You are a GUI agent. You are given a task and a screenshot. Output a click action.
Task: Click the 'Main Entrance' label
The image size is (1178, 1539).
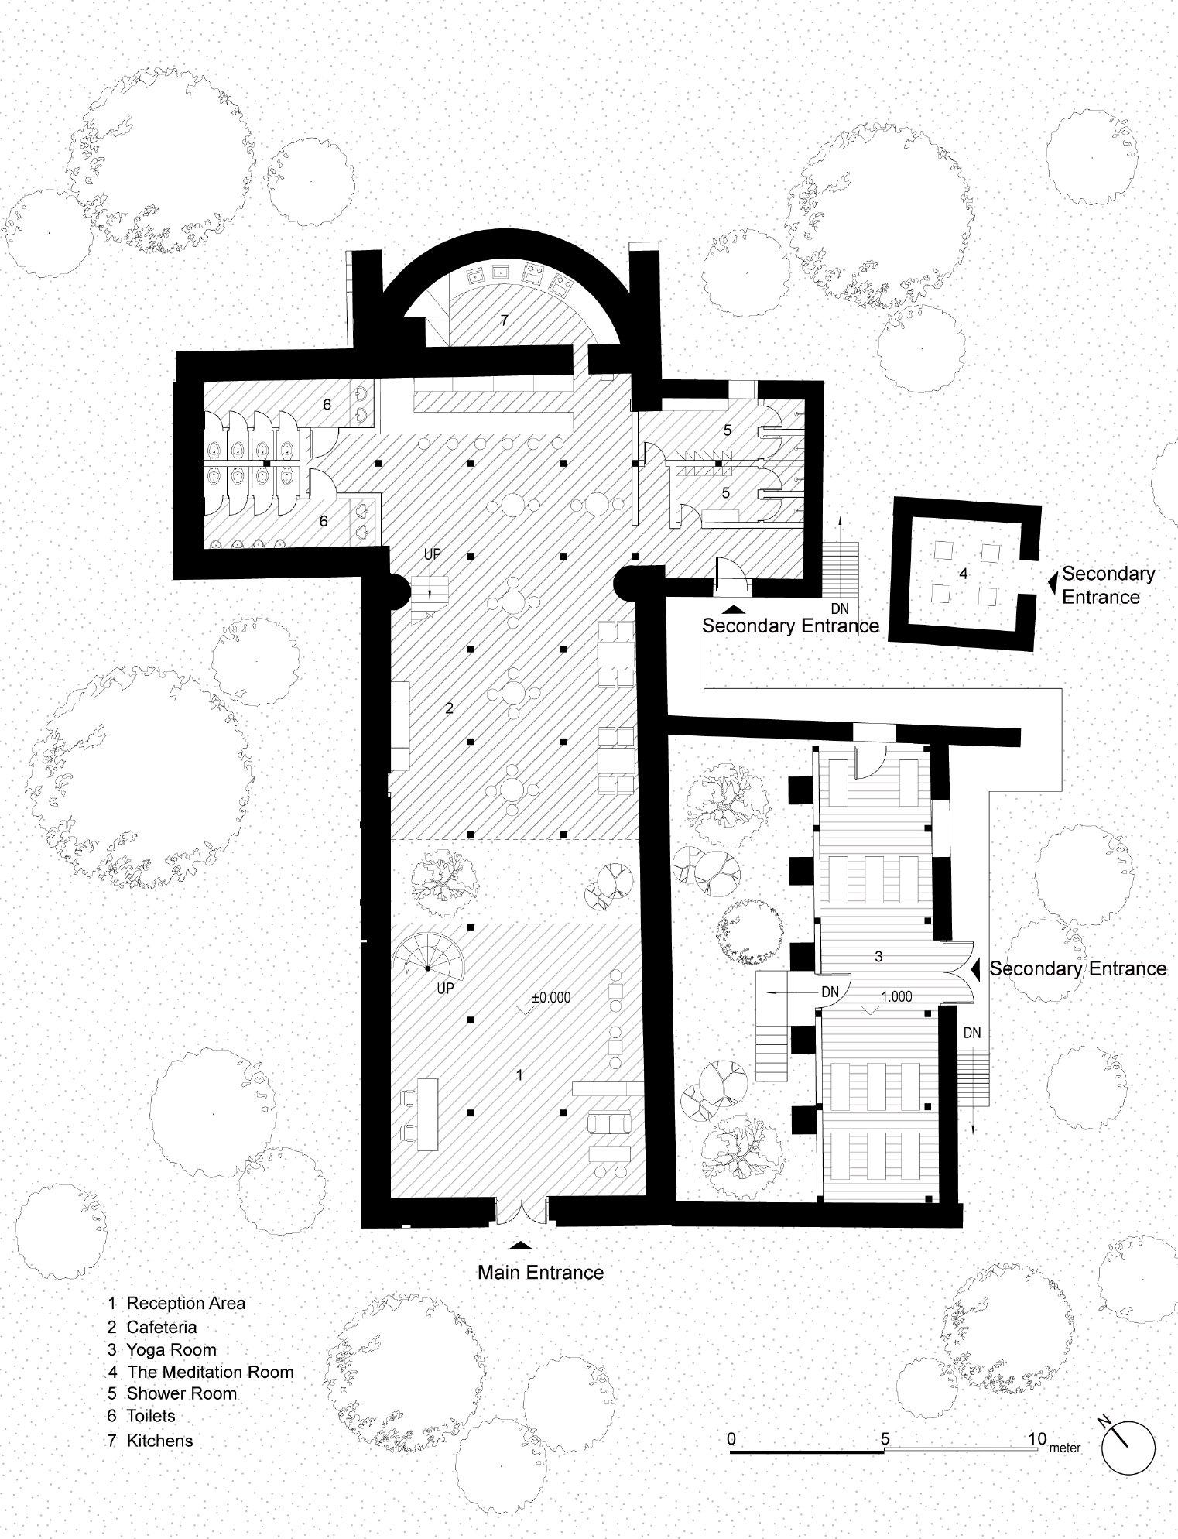[539, 1272]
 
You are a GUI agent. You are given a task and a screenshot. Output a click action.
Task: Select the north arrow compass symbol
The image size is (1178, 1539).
[1127, 1447]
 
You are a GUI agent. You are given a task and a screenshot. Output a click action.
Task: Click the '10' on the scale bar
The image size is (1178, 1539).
[1037, 1438]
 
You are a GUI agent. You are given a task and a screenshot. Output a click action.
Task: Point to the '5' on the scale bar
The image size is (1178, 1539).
[885, 1438]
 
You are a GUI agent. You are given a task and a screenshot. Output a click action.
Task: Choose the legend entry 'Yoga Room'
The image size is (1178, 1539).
[171, 1349]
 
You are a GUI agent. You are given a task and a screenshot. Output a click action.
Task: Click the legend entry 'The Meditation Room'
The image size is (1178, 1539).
[210, 1373]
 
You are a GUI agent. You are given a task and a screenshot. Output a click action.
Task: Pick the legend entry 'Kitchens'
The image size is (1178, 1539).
[159, 1441]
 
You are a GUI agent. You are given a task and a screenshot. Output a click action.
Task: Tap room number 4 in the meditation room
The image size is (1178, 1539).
[963, 574]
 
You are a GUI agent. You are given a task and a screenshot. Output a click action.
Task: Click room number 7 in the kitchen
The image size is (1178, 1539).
[504, 320]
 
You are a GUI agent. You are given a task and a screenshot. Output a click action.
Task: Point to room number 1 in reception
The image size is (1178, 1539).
[520, 1075]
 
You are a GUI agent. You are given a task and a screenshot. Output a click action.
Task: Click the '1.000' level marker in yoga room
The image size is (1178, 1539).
[896, 996]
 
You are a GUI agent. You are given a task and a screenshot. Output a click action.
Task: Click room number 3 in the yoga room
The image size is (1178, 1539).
[878, 956]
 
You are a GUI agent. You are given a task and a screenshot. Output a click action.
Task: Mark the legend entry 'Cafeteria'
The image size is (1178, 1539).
[161, 1326]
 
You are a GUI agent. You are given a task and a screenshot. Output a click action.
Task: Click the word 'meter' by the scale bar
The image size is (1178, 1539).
[1065, 1448]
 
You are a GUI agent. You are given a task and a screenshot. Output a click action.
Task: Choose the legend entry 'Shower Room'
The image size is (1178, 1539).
[181, 1393]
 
